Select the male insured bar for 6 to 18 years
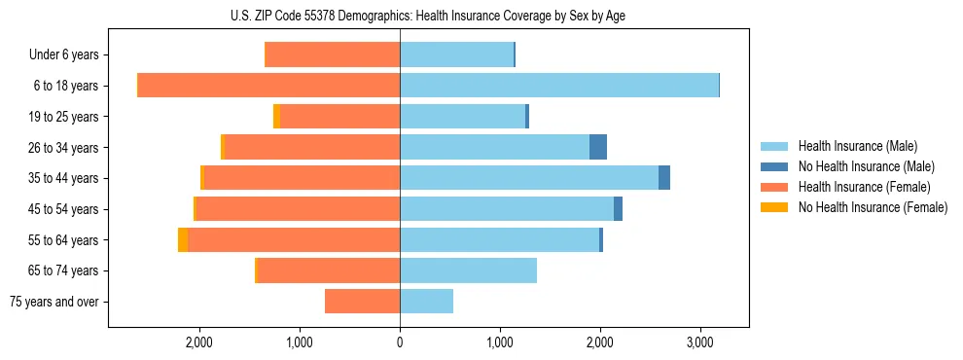point(558,86)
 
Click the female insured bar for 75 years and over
point(362,302)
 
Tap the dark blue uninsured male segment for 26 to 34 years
point(598,147)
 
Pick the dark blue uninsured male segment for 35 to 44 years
point(664,178)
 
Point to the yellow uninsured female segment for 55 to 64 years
point(183,239)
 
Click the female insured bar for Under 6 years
point(332,54)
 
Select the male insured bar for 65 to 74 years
point(468,270)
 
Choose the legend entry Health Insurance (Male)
point(857,146)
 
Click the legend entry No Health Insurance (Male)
point(866,166)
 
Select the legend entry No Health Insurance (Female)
point(873,207)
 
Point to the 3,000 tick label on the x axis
point(699,343)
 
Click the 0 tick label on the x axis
point(400,343)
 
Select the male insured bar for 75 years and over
point(426,302)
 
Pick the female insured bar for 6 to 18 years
point(268,86)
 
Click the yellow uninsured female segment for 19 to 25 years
point(276,117)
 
